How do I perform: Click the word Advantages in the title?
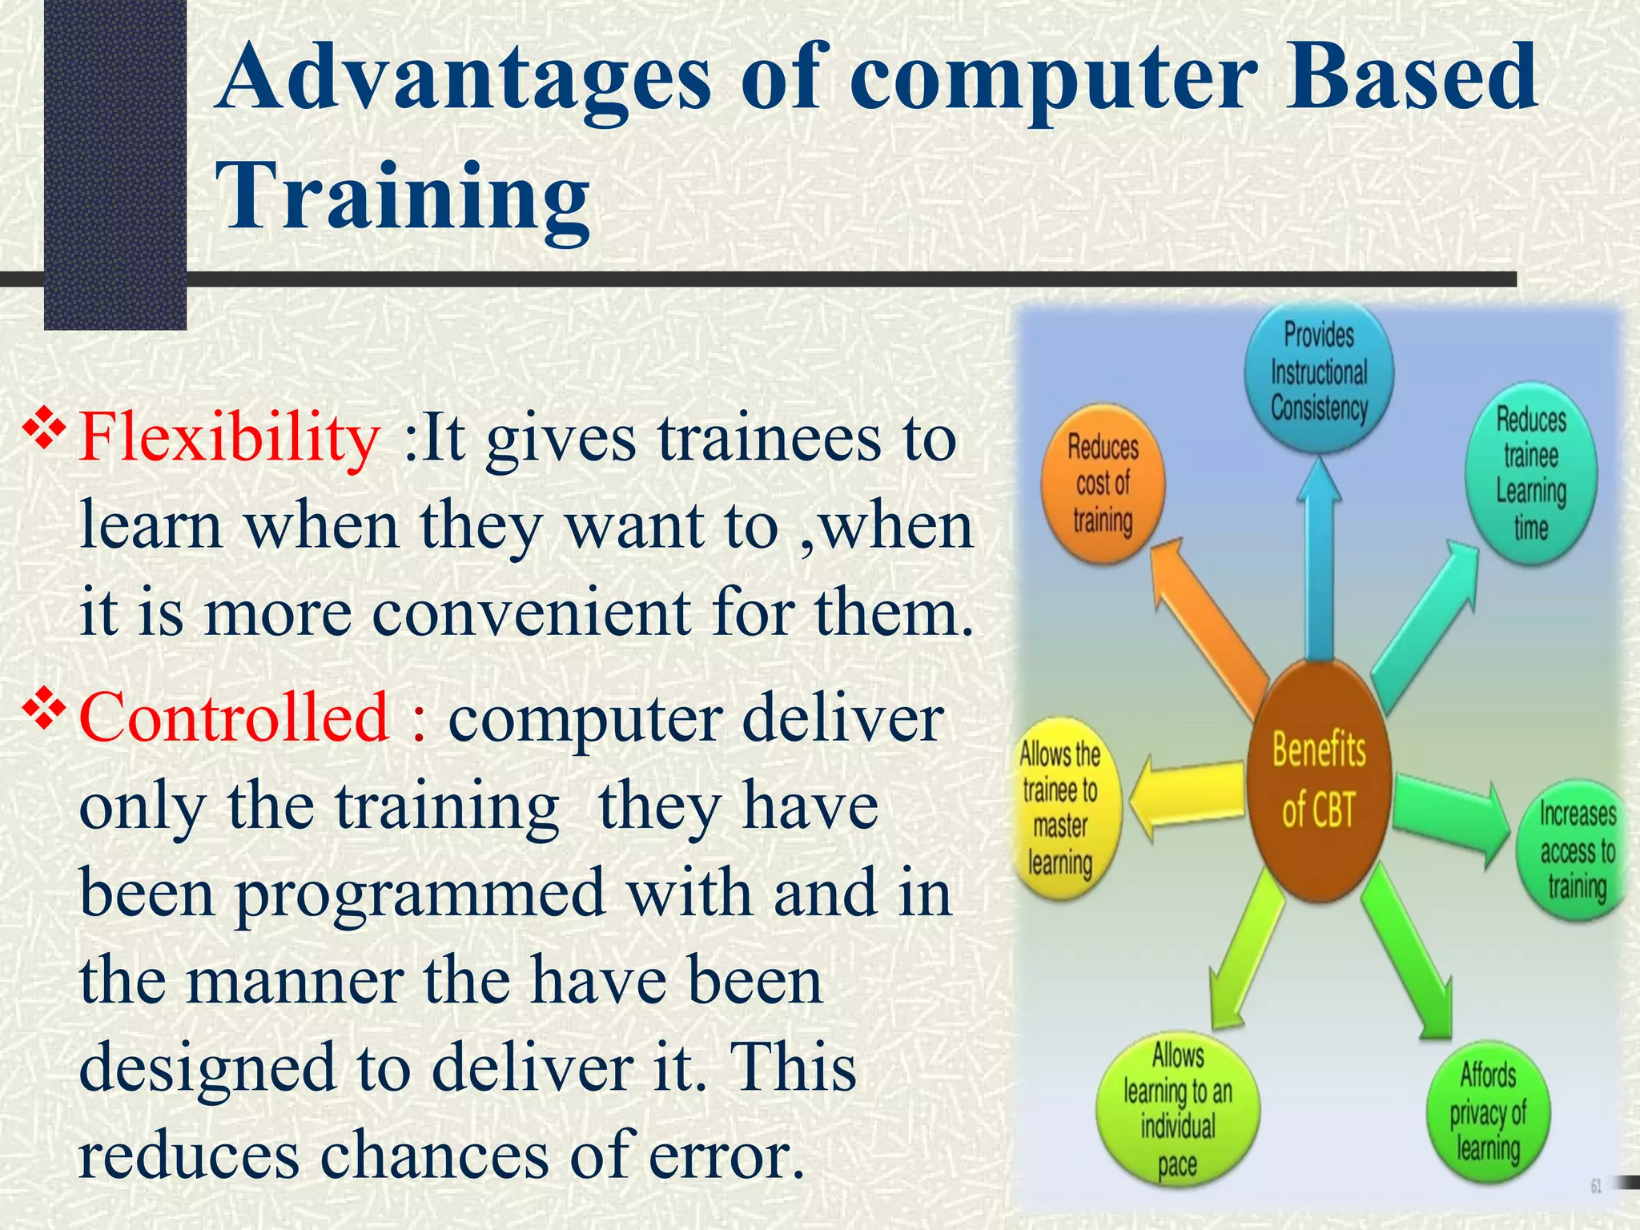(464, 80)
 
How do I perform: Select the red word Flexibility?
(229, 439)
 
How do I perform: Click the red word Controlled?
(234, 717)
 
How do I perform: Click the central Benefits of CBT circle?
(1318, 781)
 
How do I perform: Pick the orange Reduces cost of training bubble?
(1103, 485)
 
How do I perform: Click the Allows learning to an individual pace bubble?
(1177, 1109)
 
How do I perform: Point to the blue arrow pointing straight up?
(1318, 561)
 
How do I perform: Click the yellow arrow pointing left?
(1185, 797)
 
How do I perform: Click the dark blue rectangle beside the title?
(115, 160)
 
